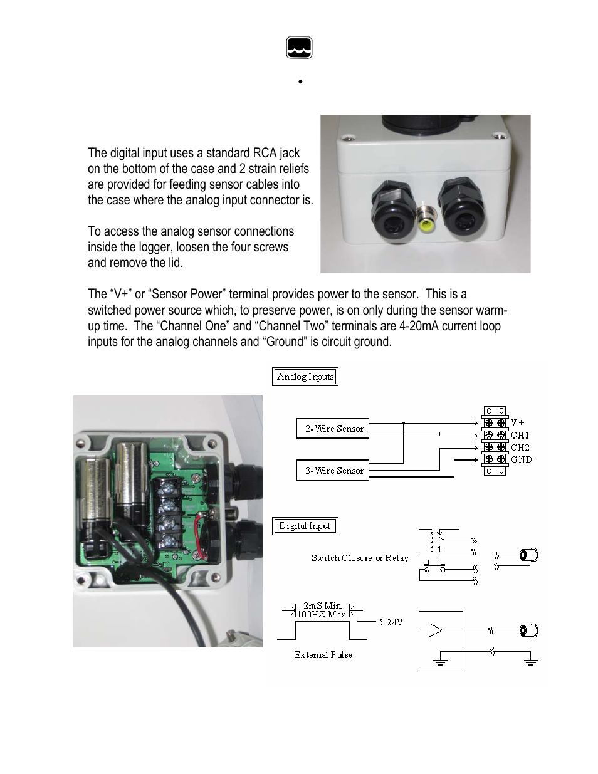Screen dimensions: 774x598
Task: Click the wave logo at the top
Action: point(299,48)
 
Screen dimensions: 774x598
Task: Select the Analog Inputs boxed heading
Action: point(305,377)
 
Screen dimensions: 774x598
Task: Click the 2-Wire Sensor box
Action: point(332,429)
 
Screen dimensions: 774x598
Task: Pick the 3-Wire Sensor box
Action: point(332,470)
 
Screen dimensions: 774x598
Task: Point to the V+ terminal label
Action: point(517,423)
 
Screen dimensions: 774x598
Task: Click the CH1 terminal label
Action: point(520,435)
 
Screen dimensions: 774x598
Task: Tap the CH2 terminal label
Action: point(520,447)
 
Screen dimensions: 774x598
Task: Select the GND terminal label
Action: point(521,459)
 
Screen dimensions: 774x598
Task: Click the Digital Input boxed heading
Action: point(305,526)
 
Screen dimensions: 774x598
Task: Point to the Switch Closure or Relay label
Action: point(360,558)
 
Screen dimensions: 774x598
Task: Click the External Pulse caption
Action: point(323,655)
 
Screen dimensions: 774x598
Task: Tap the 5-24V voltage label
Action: point(390,622)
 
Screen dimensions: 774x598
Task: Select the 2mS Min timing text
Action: point(322,605)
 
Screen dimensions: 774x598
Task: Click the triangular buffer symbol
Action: point(435,630)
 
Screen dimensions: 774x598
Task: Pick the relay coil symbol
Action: point(430,539)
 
